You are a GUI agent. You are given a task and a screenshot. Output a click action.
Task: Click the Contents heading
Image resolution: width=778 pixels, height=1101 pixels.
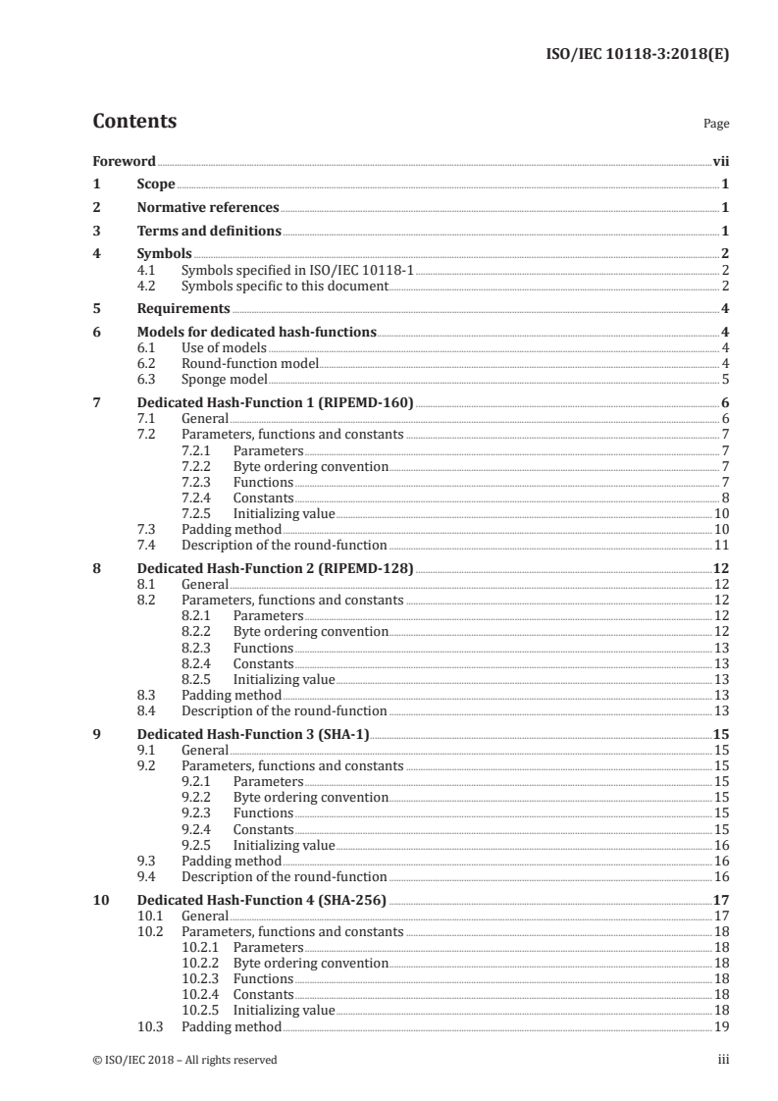134,122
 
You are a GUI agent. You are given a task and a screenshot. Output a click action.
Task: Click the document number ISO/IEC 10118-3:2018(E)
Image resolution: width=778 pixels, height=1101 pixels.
636,55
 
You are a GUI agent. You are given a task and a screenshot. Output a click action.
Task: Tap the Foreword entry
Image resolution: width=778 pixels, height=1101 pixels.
124,161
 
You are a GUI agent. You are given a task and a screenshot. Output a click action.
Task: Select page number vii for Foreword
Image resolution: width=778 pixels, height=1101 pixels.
719,161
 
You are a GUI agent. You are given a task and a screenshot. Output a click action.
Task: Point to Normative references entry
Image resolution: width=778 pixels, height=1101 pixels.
208,208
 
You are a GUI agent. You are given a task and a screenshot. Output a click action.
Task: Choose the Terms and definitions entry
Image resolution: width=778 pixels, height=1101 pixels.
209,232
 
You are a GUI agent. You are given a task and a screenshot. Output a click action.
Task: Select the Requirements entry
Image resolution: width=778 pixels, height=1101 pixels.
183,309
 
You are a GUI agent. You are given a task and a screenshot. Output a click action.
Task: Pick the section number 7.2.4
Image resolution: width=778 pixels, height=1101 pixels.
199,498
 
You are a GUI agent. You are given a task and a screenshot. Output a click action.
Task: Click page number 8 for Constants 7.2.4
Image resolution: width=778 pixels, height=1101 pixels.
723,498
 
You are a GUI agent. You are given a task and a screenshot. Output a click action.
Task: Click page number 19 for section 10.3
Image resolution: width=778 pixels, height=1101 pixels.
720,1026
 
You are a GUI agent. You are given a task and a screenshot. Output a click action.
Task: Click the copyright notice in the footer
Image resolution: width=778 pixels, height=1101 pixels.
184,1060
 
